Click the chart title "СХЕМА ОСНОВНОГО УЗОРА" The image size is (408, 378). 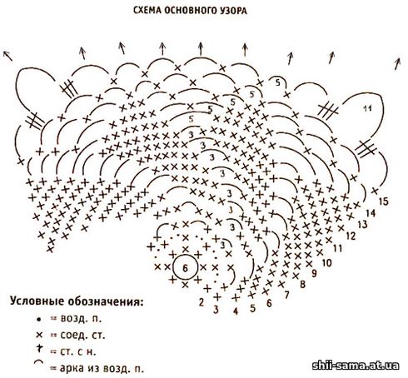coord(190,11)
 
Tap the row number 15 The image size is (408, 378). coord(384,201)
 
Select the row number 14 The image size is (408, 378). coord(371,213)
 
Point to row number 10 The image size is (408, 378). coord(326,262)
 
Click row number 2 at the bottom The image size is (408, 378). coord(202,302)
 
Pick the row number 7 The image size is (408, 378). coord(286,295)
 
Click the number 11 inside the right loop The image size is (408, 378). coord(367,108)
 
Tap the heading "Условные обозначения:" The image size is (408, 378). coord(77,301)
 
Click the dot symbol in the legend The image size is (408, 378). coord(39,320)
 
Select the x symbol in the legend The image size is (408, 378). coord(39,335)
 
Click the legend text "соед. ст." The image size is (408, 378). coord(82,336)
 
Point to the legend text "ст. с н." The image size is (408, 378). coord(78,351)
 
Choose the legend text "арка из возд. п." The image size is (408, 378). coord(102,369)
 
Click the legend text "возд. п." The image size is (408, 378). coord(81,319)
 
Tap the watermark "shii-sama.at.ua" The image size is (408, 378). coord(356,366)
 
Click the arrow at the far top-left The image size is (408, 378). coord(7,56)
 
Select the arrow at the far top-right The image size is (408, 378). coord(397,64)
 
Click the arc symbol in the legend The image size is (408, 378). coord(39,362)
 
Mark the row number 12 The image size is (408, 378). coord(351,236)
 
